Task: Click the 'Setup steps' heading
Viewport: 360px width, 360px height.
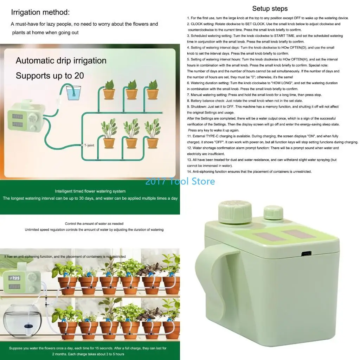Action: coord(270,9)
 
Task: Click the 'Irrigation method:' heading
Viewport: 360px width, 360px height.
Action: coord(40,12)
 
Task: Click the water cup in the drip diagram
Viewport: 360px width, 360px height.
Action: coord(73,93)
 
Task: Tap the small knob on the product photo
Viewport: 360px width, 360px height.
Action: coord(273,212)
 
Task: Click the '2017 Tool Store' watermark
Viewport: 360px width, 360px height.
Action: coord(180,181)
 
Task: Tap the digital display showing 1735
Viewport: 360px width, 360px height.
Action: coord(15,278)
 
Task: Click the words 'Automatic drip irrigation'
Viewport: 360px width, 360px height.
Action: coord(61,60)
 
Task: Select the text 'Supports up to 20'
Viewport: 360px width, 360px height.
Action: coord(50,76)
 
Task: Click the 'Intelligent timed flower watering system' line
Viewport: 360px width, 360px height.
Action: coord(90,191)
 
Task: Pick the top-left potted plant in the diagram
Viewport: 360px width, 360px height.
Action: coord(109,90)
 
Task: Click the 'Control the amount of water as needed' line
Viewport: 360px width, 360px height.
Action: coord(94,224)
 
